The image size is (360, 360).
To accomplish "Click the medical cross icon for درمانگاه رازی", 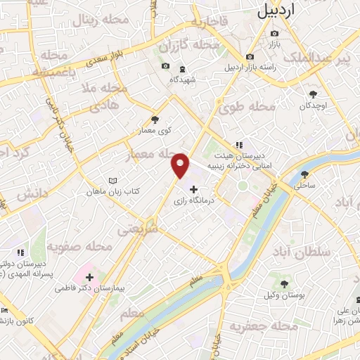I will [x=194, y=189].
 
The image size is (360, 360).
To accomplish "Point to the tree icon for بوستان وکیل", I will [x=284, y=284].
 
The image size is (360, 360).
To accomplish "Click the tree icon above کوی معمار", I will [x=155, y=120].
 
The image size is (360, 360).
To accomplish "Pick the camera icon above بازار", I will [x=274, y=34].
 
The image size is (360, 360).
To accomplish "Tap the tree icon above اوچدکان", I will [x=313, y=94].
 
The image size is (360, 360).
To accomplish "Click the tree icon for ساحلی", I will [x=304, y=174].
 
